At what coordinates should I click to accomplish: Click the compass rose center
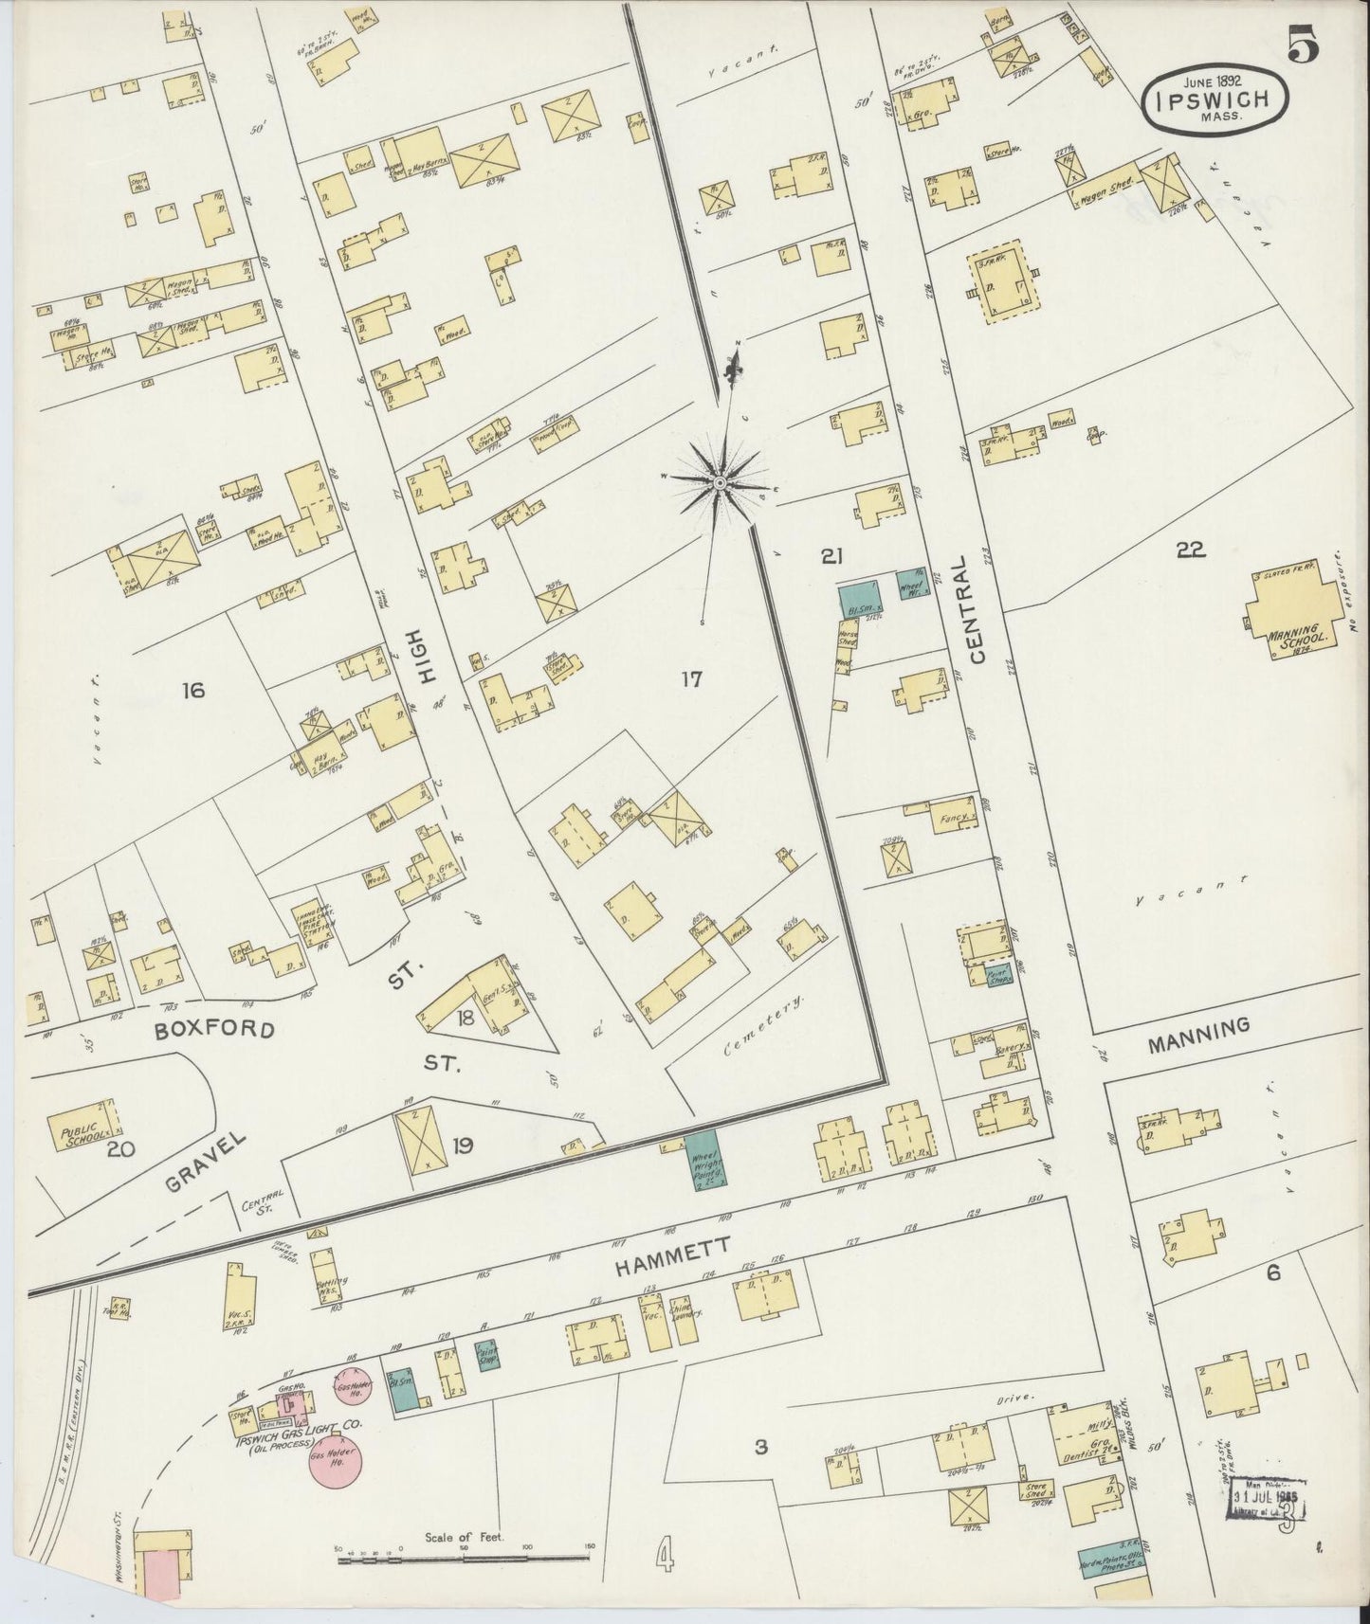tap(719, 484)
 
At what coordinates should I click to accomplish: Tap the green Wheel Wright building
tap(703, 1162)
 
